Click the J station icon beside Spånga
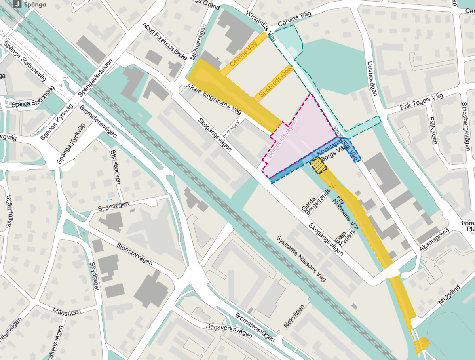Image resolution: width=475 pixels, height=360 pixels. pos(17,5)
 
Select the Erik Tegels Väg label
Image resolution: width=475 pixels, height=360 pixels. pos(421,102)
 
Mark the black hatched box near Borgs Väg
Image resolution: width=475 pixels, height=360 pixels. pos(318,166)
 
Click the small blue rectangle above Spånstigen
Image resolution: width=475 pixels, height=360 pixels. pos(110,201)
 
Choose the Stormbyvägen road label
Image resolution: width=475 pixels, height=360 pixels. pos(135,255)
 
